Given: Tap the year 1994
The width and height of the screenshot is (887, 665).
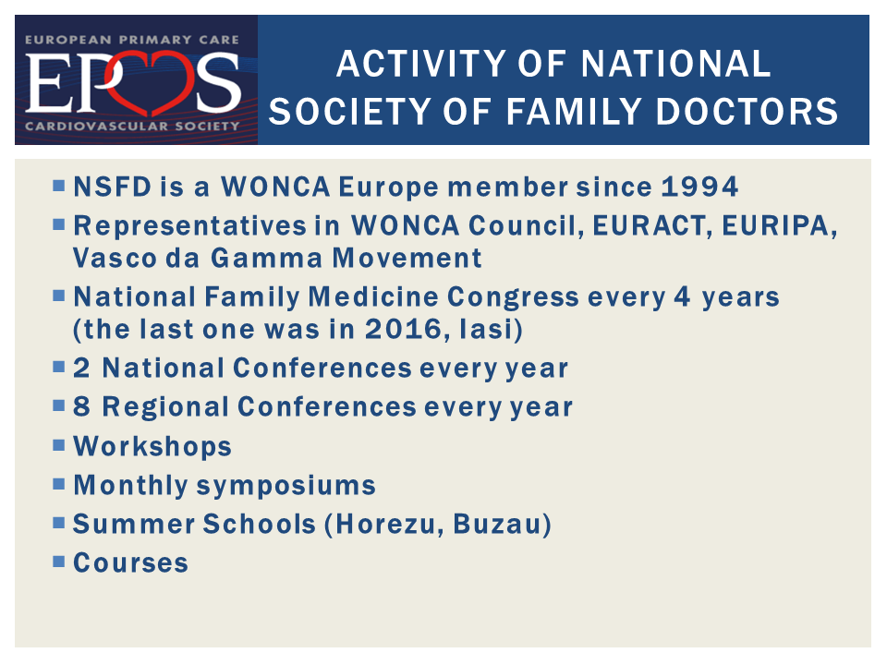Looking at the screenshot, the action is (x=699, y=187).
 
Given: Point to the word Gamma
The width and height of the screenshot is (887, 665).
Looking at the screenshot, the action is (x=266, y=258).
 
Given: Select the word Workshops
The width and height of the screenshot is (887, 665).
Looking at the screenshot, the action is (x=152, y=446).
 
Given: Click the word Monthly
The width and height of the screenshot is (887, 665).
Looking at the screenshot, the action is (x=130, y=486).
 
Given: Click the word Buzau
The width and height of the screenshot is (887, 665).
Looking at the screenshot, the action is (x=497, y=524).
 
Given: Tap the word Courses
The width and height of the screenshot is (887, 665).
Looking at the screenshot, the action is (x=130, y=562).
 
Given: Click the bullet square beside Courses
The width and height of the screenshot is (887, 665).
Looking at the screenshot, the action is (x=59, y=561).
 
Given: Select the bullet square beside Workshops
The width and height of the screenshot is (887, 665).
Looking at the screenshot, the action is (x=59, y=444).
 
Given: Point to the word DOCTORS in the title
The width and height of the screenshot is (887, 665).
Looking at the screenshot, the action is (x=747, y=111).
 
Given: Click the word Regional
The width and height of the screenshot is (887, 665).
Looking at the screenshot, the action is (x=165, y=407).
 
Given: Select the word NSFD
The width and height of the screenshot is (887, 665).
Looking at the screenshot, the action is (x=113, y=187).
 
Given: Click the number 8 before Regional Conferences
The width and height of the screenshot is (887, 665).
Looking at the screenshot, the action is (x=81, y=406).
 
